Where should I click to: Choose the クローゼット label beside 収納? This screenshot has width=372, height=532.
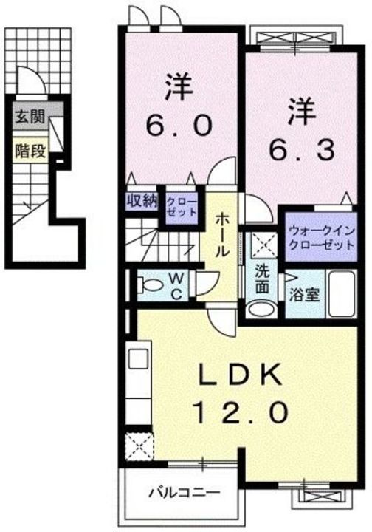pos(181,205)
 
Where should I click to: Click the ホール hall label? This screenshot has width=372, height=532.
pos(221,235)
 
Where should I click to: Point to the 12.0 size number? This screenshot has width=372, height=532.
pos(236,412)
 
